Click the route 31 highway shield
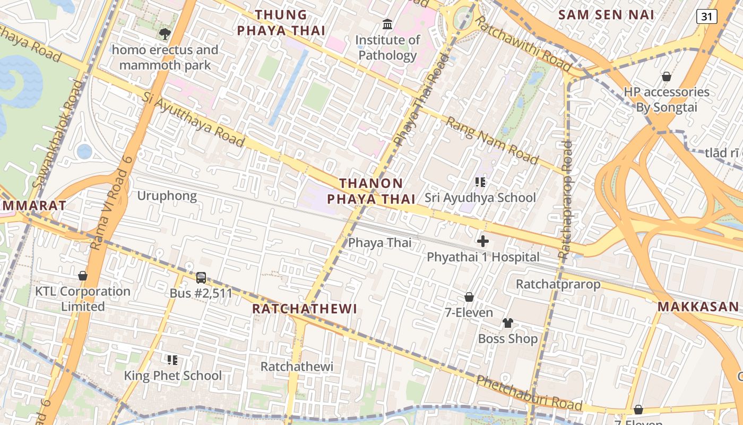706,16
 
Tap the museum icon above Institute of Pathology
387,24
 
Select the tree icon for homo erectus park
165,34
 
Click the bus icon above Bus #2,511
201,277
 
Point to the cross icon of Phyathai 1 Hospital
483,241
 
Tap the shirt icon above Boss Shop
508,323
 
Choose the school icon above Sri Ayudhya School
480,182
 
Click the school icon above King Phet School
172,360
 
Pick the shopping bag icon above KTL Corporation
83,276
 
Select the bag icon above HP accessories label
666,76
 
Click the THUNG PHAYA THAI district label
281,23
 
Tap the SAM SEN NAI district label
606,15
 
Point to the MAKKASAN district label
698,307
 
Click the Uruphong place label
167,196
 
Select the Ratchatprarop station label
558,284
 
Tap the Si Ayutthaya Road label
194,120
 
